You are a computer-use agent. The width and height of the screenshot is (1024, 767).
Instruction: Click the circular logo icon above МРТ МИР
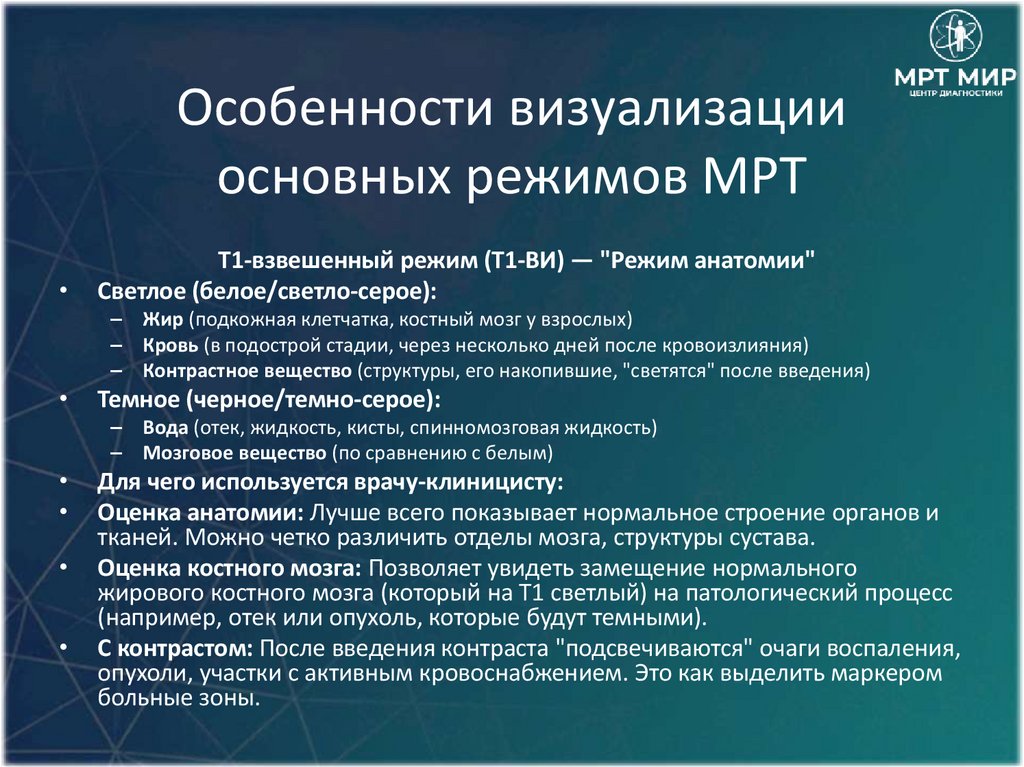pyautogui.click(x=956, y=36)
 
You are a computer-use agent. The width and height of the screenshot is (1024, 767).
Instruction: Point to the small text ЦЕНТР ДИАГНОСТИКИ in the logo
pyautogui.click(x=956, y=93)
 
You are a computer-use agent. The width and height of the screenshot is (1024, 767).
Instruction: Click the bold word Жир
pyautogui.click(x=160, y=320)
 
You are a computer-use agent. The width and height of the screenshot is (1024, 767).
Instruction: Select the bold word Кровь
pyautogui.click(x=170, y=346)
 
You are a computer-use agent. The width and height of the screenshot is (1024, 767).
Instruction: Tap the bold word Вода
pyautogui.click(x=165, y=428)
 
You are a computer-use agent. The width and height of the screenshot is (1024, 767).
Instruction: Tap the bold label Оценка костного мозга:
pyautogui.click(x=232, y=569)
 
